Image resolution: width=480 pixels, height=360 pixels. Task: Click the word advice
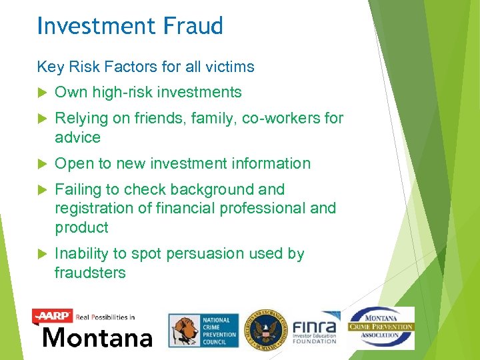[77, 138]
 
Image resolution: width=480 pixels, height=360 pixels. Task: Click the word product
[81, 228]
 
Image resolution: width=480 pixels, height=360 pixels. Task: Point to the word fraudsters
[90, 273]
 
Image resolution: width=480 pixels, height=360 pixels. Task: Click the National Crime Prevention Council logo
[203, 331]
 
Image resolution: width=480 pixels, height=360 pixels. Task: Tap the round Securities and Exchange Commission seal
[265, 330]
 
